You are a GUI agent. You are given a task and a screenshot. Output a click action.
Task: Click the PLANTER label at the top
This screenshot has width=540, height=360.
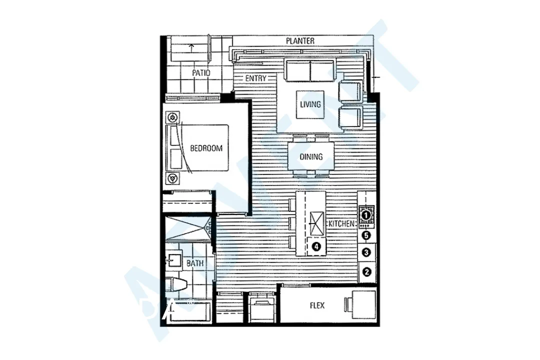300,41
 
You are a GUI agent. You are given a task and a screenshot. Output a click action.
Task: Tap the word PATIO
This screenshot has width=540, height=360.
201,73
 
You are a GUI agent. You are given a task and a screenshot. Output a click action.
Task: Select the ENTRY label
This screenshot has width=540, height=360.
255,78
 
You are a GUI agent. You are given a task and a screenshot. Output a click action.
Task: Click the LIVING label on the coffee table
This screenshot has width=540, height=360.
310,104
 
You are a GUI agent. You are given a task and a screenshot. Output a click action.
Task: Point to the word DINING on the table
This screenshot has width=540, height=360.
311,157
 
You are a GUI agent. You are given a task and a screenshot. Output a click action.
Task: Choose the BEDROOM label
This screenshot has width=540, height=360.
206,148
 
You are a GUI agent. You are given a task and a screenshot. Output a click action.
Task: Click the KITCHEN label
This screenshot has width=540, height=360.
341,223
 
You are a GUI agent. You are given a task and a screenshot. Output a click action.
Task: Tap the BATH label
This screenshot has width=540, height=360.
194,263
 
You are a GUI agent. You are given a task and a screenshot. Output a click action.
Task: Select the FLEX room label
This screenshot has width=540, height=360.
317,305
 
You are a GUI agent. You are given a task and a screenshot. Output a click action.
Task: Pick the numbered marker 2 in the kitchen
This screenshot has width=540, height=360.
366,272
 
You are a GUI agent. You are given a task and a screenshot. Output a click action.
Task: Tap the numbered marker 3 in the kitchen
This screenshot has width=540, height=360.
366,253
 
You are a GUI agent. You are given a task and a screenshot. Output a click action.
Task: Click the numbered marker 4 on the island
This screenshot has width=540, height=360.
315,246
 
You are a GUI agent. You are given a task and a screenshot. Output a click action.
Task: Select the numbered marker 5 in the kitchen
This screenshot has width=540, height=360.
366,235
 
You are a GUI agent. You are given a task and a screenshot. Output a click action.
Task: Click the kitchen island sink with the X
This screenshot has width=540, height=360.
316,223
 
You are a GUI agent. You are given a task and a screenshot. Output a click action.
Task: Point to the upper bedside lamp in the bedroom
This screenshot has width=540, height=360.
173,118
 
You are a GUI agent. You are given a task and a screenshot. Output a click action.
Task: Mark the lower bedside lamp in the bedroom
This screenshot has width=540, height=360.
173,177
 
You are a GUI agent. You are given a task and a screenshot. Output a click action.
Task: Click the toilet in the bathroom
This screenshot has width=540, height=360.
178,285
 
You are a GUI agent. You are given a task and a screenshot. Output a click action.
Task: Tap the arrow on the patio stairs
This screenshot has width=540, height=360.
191,48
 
